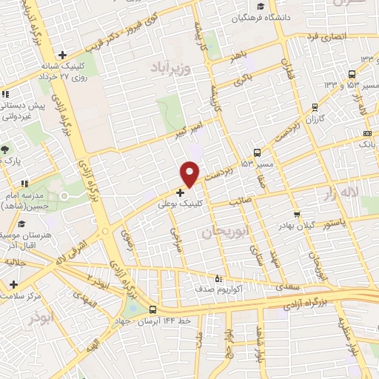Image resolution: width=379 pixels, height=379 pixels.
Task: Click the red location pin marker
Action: tap(190, 173)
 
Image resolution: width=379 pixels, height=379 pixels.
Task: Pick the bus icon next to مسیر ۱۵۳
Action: tap(257, 152)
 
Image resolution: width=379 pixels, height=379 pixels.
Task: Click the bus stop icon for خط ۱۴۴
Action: tap(152, 310)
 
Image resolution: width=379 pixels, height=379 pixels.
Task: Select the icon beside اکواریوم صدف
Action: tap(217, 278)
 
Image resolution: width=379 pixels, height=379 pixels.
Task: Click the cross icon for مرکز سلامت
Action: tap(13, 284)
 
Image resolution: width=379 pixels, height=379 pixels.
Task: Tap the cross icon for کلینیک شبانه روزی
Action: tap(63, 54)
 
